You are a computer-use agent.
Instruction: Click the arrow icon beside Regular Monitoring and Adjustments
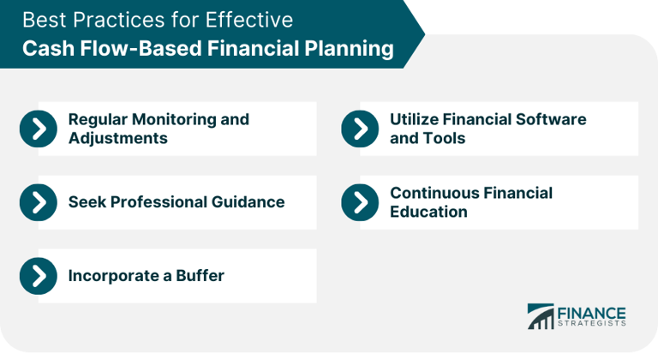coord(38,129)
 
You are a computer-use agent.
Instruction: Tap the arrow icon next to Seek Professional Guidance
coord(38,202)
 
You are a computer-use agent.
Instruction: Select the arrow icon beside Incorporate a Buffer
coord(38,275)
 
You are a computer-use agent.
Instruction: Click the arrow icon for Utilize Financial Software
coord(360,129)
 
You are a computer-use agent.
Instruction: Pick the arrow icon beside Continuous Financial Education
coord(360,202)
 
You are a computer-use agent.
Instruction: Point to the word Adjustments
coord(117,138)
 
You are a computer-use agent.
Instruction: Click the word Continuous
coord(431,193)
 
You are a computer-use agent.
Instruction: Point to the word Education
coord(428,212)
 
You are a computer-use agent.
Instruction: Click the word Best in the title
coord(43,20)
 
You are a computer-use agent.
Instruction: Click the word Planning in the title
coord(350,49)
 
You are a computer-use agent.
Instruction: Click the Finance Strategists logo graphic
coord(540,315)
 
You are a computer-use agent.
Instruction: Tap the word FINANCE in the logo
coord(591,312)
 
